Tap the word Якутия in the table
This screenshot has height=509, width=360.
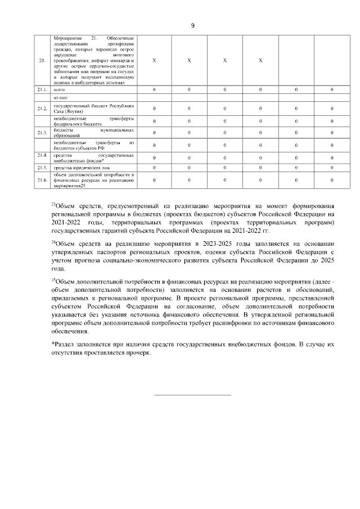[x=74, y=111]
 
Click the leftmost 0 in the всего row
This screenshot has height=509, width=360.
[x=154, y=89]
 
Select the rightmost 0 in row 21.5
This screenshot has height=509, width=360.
[x=332, y=167]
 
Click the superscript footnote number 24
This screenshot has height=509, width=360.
[x=53, y=241]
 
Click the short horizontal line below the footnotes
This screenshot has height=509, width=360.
[x=193, y=395]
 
